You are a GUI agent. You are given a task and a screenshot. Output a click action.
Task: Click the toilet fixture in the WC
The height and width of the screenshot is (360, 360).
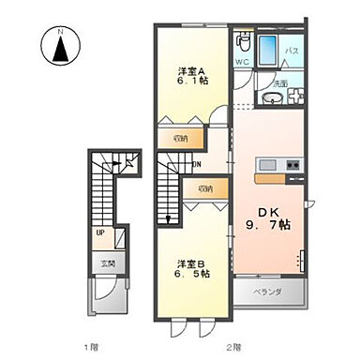coord(243,43)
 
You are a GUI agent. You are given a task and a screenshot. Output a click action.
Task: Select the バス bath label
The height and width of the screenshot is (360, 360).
coord(292,52)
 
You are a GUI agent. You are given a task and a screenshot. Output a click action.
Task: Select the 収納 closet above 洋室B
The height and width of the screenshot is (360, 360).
coord(204,187)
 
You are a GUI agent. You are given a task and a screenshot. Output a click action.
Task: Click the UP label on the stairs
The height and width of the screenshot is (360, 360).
coord(99,234)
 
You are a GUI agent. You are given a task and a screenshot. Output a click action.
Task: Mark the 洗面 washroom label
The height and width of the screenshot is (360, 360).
coord(280,83)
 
